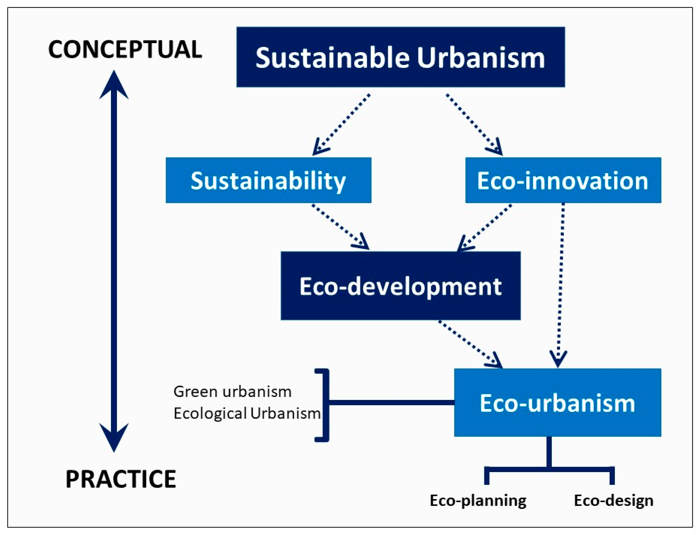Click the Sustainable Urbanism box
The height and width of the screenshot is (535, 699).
(400, 57)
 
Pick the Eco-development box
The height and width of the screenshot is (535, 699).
(400, 286)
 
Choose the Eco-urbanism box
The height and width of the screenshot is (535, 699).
(557, 403)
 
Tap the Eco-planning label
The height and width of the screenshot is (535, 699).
(478, 500)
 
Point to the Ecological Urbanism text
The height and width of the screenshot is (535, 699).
(247, 413)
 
